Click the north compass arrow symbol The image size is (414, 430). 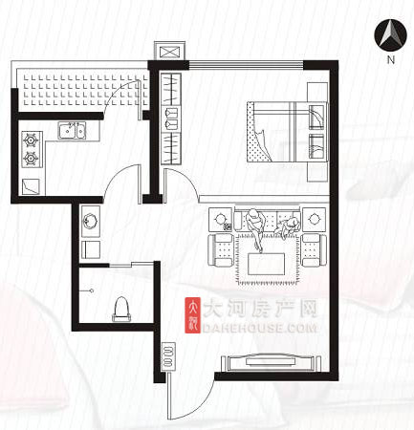tap(391, 35)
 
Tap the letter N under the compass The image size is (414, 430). tap(391, 59)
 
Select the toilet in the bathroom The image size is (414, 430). tap(121, 309)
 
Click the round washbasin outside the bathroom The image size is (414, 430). tap(91, 221)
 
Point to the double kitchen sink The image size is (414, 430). tap(72, 130)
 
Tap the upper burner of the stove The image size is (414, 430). tap(32, 140)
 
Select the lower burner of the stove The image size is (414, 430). tap(32, 158)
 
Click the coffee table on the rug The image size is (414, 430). tap(267, 264)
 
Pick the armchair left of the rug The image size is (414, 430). tap(221, 250)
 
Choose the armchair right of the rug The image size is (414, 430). tap(314, 250)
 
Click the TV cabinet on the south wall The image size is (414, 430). tap(271, 362)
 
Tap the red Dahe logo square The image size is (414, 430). tap(192, 315)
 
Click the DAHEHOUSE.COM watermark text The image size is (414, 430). tap(260, 328)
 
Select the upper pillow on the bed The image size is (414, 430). tap(316, 117)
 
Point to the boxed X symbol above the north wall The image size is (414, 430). tap(169, 51)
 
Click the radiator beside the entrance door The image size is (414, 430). tap(168, 356)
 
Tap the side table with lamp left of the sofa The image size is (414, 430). tap(220, 220)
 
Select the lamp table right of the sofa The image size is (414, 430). tap(315, 220)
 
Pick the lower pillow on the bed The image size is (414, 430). tap(316, 146)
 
